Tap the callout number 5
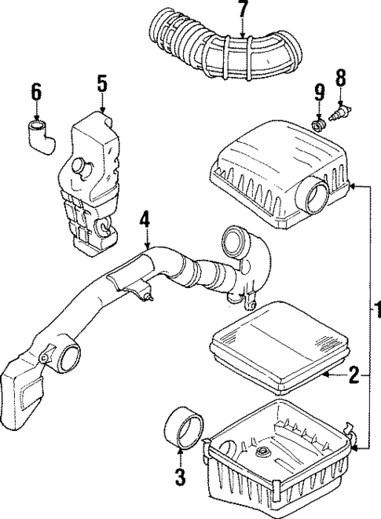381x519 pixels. coord(102,82)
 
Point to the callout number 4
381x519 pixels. coord(145,219)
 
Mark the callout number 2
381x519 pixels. coord(354,376)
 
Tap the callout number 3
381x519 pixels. coord(180,476)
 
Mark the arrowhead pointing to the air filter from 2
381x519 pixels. coord(326,377)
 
